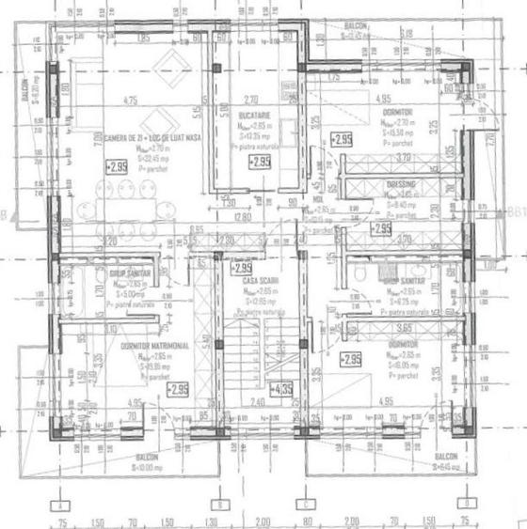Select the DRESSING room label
[x=400, y=185]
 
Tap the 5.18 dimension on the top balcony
[x=407, y=34]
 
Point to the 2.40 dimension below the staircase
[x=256, y=401]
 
